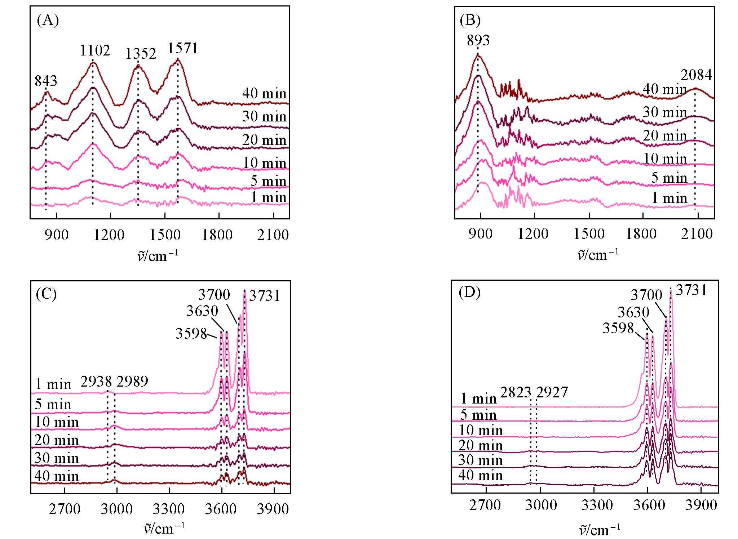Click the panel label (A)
(48, 21)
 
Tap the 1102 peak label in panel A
(94, 51)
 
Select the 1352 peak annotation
(141, 54)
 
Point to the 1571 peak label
(183, 48)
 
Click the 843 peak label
(46, 81)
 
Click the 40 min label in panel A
(264, 94)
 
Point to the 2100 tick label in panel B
(697, 234)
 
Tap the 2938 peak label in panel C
(96, 382)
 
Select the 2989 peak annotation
(132, 382)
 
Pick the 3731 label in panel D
(691, 290)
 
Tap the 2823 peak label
(516, 392)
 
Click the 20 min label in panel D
(480, 446)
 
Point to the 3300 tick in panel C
(168, 509)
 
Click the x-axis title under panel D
(599, 530)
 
